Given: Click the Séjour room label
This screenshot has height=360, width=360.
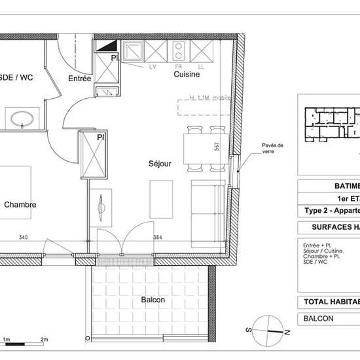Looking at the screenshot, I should [x=160, y=164].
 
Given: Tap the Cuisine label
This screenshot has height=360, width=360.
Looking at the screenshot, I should [x=187, y=75].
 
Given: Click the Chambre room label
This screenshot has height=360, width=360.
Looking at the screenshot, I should [x=20, y=205].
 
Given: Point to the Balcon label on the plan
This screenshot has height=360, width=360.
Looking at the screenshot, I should [x=153, y=300].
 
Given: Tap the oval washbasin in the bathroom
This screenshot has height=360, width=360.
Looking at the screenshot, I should [x=24, y=118].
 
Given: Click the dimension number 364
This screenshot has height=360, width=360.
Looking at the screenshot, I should [x=157, y=238].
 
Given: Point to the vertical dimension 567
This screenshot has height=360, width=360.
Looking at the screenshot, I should [x=215, y=147].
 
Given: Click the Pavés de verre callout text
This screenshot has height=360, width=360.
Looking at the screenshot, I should [x=271, y=149].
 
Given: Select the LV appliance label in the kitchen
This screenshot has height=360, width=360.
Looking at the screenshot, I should [x=153, y=67].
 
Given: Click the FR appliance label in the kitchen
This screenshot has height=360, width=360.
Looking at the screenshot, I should [x=177, y=67].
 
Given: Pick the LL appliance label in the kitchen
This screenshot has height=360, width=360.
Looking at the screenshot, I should [x=200, y=67].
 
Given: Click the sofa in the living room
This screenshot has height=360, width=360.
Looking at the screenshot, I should [x=207, y=204].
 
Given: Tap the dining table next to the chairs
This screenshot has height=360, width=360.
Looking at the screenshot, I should [x=195, y=149].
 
